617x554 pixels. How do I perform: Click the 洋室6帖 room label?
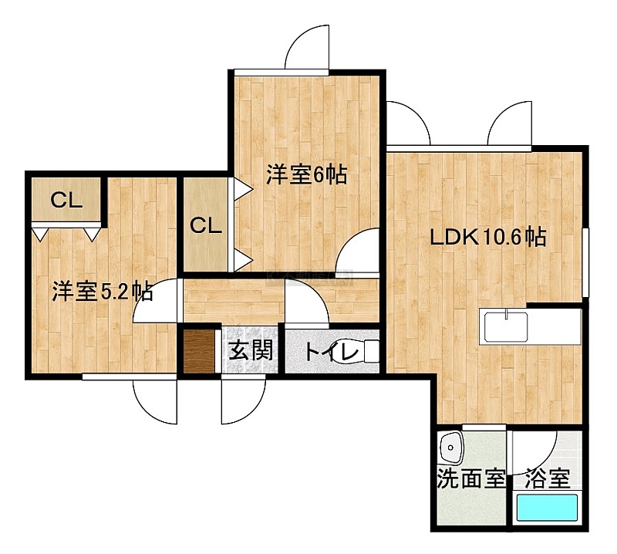306,175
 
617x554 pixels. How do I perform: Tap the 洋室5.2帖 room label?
103,292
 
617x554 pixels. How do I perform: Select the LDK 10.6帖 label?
488,237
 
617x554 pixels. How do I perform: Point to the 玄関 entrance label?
251,350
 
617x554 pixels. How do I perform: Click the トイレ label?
332,352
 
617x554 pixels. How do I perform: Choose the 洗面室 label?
471,478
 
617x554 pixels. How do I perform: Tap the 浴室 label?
548,478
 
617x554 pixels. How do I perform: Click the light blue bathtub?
547,508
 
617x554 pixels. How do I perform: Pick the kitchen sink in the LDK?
506,326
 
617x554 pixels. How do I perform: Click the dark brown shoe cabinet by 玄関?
199,351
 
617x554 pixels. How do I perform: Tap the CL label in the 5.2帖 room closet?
66,201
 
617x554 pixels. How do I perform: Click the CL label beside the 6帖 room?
206,225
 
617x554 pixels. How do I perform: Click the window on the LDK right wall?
585,262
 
